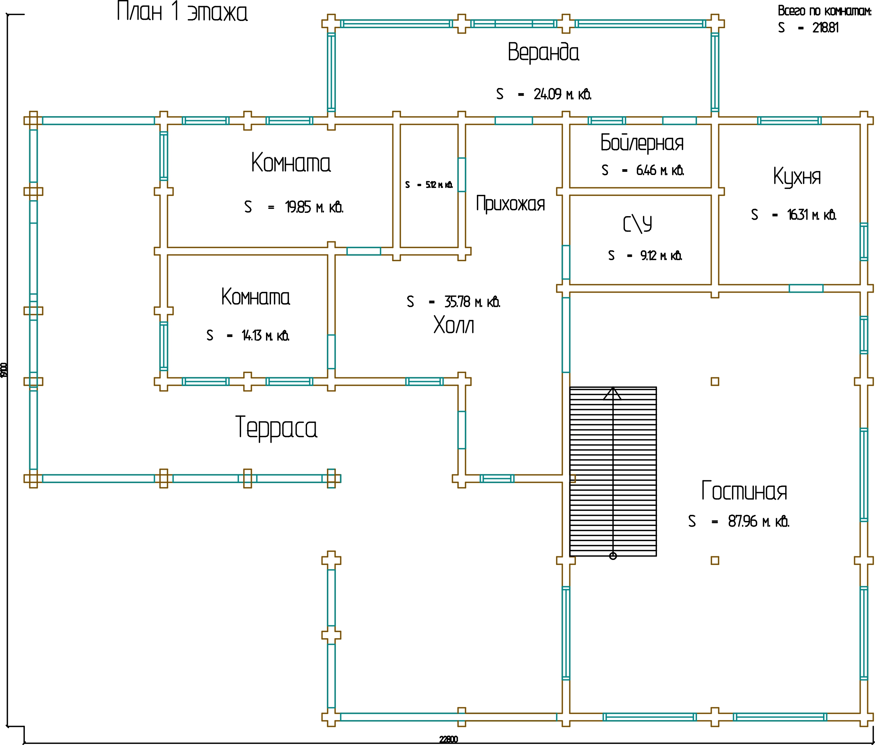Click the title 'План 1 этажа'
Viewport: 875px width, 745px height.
tap(182, 12)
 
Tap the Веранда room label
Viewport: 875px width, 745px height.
tap(543, 52)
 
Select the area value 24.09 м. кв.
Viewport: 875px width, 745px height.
tap(562, 94)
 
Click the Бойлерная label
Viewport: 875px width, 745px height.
tap(642, 143)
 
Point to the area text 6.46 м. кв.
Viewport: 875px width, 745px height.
tap(659, 170)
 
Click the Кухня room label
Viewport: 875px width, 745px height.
tap(796, 176)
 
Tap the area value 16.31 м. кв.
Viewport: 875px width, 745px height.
tap(811, 215)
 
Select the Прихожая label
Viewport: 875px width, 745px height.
tap(510, 203)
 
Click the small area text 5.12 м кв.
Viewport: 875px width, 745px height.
tap(439, 185)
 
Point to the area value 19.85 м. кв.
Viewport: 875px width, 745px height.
tap(314, 207)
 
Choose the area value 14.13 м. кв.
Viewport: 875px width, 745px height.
tap(265, 335)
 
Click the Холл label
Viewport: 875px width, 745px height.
tap(453, 325)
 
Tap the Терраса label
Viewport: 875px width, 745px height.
tap(276, 428)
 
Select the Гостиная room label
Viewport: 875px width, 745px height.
tap(744, 491)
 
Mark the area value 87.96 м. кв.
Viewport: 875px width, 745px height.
tap(758, 521)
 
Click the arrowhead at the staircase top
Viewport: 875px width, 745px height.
tap(612, 393)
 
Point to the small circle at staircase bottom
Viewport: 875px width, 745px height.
tap(613, 556)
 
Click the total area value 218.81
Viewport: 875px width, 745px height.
tap(825, 27)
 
